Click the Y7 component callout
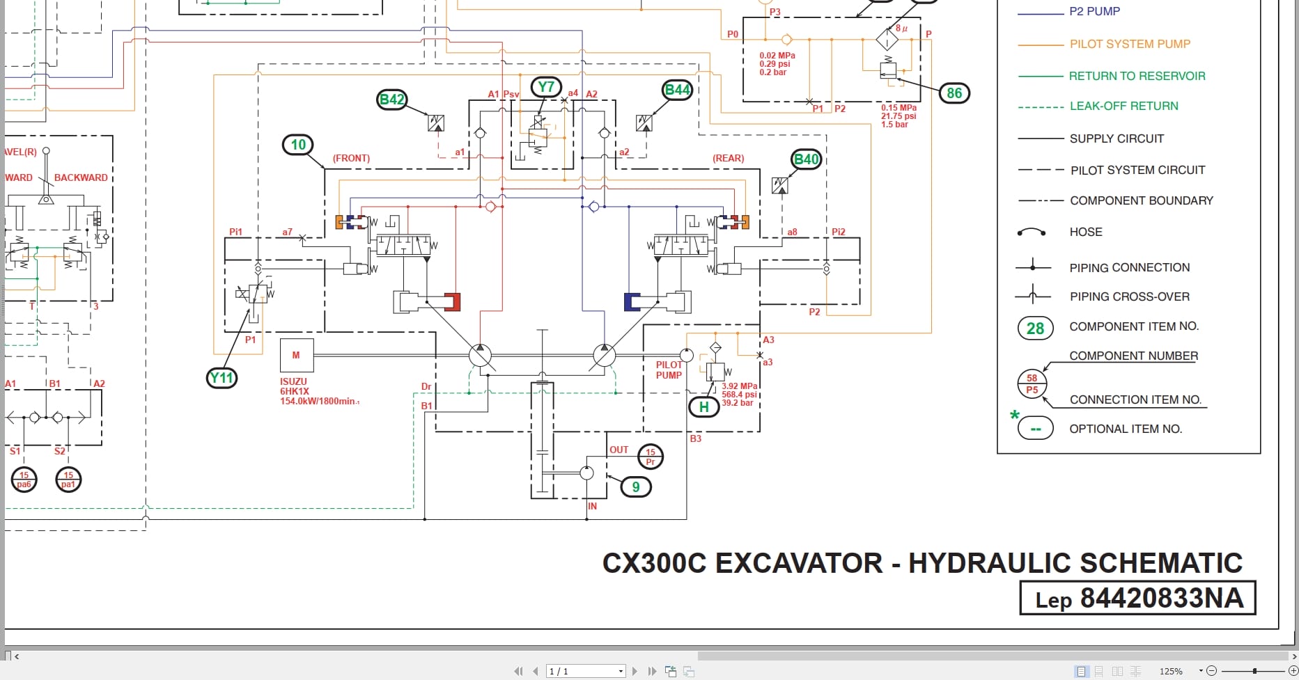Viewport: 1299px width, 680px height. coord(546,87)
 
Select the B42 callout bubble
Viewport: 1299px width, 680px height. coord(391,100)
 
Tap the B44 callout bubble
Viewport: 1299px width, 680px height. coord(677,90)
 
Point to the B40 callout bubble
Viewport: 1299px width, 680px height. coord(807,159)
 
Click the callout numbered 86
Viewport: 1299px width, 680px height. coord(954,93)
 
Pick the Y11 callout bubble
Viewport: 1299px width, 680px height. coord(222,378)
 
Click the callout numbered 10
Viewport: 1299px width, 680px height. coord(298,145)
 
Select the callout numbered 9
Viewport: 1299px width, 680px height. coord(635,487)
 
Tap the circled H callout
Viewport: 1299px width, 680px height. coord(703,407)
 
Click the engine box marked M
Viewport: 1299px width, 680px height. coord(296,356)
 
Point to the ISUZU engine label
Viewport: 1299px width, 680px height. coord(294,381)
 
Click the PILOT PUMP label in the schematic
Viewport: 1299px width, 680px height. coord(669,370)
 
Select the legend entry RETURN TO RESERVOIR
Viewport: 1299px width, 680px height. coord(1137,76)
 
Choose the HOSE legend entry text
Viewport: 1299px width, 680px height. coord(1086,232)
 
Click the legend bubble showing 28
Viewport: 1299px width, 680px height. coord(1035,328)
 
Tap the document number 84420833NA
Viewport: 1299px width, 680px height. coord(1161,598)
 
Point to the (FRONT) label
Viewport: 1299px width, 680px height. coord(351,158)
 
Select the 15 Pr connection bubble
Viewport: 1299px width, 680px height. coord(650,457)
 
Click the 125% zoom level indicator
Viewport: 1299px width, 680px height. coord(1171,671)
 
